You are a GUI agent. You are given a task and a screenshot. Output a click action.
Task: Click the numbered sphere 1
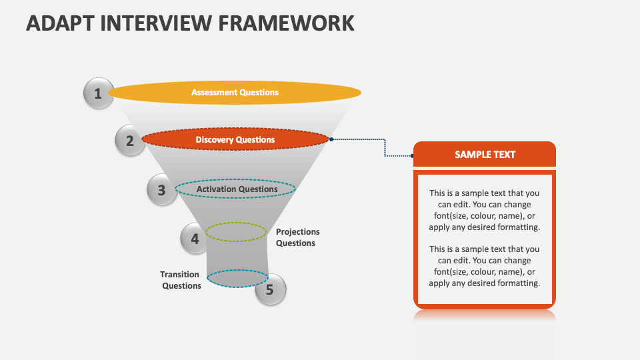98,93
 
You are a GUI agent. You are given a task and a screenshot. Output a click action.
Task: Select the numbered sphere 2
130,141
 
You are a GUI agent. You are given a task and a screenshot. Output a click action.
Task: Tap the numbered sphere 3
161,190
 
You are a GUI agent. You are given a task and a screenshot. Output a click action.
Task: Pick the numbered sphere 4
195,238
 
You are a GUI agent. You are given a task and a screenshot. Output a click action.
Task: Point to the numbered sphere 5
270,289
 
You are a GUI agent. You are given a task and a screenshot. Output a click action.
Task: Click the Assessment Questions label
235,93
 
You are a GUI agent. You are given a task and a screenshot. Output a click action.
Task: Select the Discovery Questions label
235,140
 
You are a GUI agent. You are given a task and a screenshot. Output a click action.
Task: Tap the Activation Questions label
237,189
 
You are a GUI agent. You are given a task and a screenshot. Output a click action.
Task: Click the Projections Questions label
297,237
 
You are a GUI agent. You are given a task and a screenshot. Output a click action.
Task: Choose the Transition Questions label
181,280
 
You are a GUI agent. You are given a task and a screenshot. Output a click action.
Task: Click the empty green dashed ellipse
235,232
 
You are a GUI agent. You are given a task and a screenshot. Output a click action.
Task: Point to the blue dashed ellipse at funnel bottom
237,278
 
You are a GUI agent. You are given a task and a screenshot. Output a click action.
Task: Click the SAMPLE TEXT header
485,154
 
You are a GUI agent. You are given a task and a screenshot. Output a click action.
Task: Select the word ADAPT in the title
57,23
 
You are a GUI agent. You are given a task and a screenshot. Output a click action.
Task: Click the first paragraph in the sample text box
485,210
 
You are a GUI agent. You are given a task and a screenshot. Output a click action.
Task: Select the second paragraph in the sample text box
485,266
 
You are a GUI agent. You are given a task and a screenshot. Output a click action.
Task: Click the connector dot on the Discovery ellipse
331,139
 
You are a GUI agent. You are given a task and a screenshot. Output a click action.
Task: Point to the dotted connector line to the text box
385,147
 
